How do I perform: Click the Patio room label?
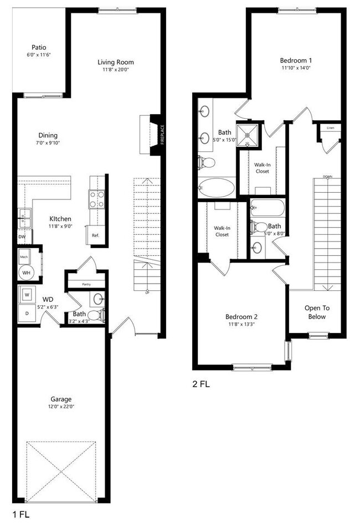point(38,47)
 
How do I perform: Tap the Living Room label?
point(115,62)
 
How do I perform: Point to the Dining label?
point(48,135)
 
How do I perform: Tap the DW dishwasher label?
point(22,237)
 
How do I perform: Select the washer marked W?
point(27,294)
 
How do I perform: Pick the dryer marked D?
point(27,312)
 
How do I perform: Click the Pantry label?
point(86,285)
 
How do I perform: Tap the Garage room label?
point(60,399)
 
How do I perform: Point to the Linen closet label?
point(331,129)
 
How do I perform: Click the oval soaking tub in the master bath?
point(217,187)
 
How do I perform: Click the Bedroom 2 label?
point(241,317)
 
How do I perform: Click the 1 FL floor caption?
point(20,514)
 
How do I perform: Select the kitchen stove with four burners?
point(97,198)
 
